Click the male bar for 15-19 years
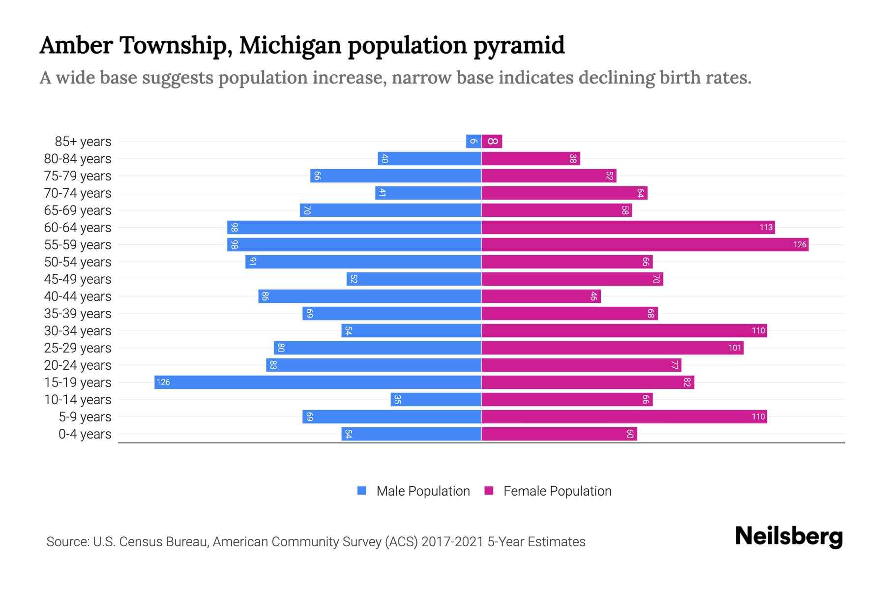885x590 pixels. coord(318,383)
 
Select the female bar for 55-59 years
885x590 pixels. coord(645,245)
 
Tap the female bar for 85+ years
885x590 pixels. coord(492,142)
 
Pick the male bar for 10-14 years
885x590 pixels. coord(436,400)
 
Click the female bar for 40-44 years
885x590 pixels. coord(541,296)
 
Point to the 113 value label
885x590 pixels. coord(766,228)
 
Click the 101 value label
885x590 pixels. coord(735,348)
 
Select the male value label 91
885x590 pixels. coord(252,262)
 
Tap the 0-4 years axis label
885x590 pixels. coord(85,434)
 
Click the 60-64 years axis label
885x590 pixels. coord(78,228)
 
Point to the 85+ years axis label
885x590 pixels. coord(83,142)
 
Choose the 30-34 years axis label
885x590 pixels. coord(78,331)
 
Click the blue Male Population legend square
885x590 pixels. coord(362,491)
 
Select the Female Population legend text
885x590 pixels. coord(557,491)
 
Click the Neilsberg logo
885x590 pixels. coord(789,536)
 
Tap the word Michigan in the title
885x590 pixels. coord(290,45)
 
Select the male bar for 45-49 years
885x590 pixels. coord(414,279)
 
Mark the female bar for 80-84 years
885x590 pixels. coord(531,159)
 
